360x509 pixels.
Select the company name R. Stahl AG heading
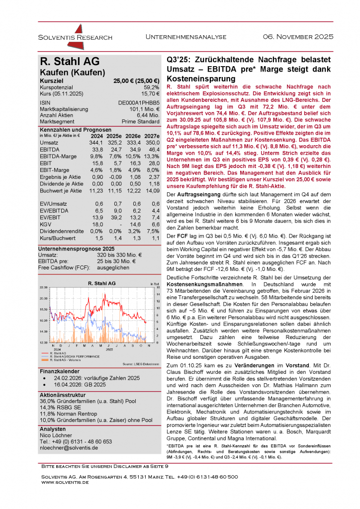pyautogui.click(x=70, y=62)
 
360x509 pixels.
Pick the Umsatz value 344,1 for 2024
pyautogui.click(x=96, y=143)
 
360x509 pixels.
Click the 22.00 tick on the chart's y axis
pyautogui.click(x=43, y=287)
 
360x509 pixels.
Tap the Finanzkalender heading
pyautogui.click(x=59, y=371)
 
